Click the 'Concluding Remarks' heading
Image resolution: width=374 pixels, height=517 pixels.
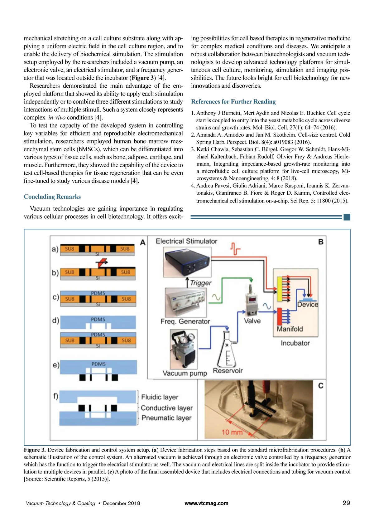(x=52, y=197)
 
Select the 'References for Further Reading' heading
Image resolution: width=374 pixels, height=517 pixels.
(x=233, y=101)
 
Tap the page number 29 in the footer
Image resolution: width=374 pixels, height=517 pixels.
(x=346, y=503)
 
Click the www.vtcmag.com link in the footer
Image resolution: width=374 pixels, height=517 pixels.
(x=206, y=503)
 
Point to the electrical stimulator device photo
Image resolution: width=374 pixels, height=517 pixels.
(x=187, y=262)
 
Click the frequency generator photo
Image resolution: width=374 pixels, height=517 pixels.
(x=186, y=302)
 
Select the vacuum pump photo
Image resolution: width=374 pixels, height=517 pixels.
(x=184, y=349)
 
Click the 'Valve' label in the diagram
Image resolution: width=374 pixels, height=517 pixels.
(x=252, y=321)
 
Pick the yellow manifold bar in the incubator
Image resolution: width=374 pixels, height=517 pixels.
(x=280, y=289)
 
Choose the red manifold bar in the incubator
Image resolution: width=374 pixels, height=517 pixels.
(x=280, y=316)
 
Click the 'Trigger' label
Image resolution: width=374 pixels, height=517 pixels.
(x=201, y=283)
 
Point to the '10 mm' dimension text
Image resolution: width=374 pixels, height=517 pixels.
(x=232, y=432)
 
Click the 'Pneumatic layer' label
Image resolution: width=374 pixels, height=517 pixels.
(x=166, y=418)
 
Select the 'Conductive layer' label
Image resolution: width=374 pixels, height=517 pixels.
(x=166, y=408)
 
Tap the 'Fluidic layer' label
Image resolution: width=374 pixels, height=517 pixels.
(x=160, y=397)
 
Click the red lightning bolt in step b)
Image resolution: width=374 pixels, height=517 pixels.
(x=102, y=262)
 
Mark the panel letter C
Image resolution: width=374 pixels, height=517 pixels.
(x=321, y=386)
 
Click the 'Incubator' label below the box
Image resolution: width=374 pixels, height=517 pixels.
(x=295, y=343)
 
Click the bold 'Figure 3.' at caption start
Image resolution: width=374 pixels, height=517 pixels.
(x=35, y=450)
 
